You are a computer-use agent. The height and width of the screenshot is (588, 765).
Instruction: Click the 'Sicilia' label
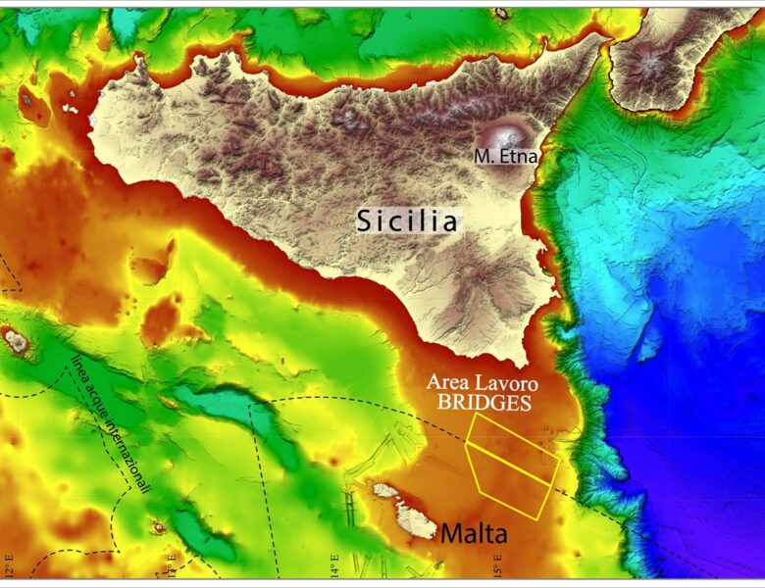407,220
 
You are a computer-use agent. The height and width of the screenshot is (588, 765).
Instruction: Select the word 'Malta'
474,534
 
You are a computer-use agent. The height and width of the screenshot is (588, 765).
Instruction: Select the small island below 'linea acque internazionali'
158,528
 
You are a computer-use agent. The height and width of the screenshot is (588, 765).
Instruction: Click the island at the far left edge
16,340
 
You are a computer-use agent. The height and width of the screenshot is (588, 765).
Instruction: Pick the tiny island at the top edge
502,13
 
